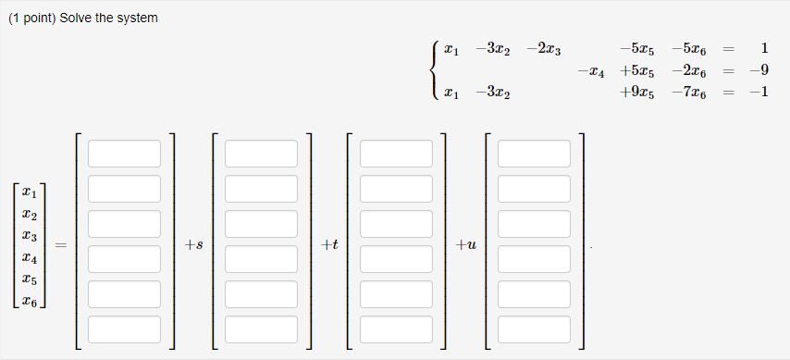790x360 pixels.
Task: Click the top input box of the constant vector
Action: pyautogui.click(x=125, y=154)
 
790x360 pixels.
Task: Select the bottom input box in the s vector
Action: pyautogui.click(x=261, y=329)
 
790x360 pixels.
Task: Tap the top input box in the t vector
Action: pyautogui.click(x=397, y=154)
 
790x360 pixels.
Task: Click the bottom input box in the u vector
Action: pyautogui.click(x=534, y=329)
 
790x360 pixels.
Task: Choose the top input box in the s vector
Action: pyautogui.click(x=261, y=154)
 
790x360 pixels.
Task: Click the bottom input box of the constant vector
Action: pyautogui.click(x=125, y=329)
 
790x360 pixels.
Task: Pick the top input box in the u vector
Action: pyautogui.click(x=534, y=154)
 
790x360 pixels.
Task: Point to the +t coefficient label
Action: pyautogui.click(x=329, y=245)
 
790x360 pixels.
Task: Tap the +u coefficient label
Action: pyautogui.click(x=466, y=245)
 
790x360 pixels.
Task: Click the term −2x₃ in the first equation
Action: pyautogui.click(x=549, y=48)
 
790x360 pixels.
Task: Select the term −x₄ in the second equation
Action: pyautogui.click(x=591, y=71)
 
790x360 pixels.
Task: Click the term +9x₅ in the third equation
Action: pyautogui.click(x=639, y=93)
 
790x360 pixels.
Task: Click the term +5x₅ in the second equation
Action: pyautogui.click(x=639, y=71)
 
